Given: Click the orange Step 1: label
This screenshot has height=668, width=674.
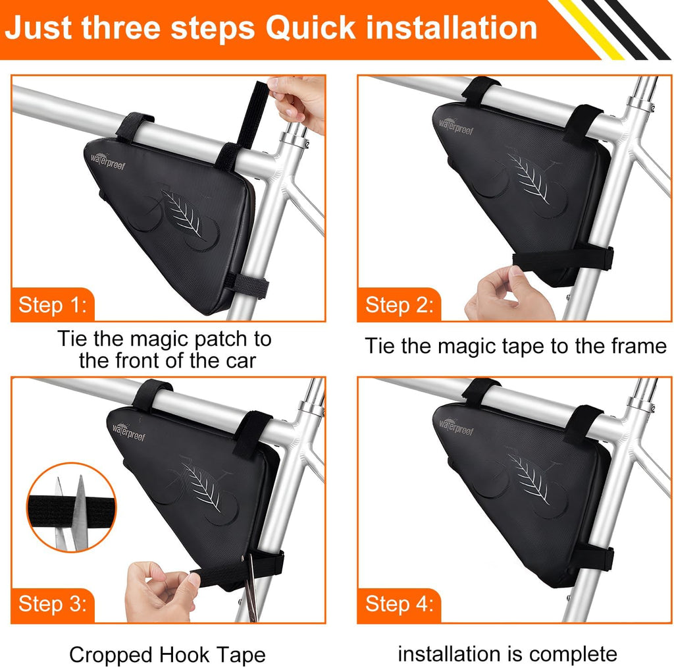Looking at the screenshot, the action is [x=53, y=304].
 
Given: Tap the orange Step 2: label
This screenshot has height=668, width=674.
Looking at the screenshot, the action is [x=399, y=304].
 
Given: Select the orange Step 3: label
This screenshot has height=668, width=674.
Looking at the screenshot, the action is [x=53, y=604].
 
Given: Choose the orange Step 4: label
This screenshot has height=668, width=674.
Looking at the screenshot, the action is [x=399, y=604].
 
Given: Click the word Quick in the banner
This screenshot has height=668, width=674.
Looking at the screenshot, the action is [x=311, y=28].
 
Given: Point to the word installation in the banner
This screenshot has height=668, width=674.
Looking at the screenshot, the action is [x=452, y=28].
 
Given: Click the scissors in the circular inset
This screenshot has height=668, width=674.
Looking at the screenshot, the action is [x=71, y=512].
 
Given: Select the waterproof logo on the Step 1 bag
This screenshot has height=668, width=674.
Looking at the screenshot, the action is [x=108, y=161].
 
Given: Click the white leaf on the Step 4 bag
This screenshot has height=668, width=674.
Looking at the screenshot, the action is [x=529, y=478].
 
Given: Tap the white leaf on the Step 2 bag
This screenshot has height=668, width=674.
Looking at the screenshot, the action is [x=529, y=178].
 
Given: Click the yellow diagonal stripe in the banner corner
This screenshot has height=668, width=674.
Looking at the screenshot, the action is [x=590, y=29].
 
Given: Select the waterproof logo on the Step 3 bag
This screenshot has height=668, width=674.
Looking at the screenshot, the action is [x=129, y=431].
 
